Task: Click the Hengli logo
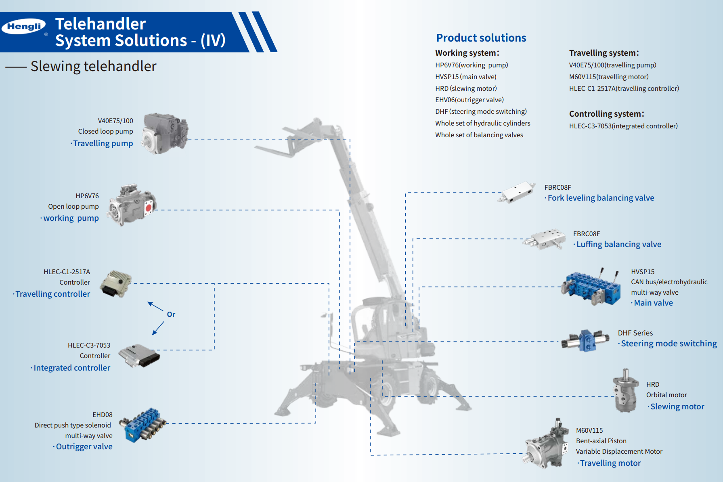point(24,27)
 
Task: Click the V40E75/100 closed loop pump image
point(165,133)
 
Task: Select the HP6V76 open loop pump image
point(132,205)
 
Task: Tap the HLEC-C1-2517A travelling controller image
point(116,283)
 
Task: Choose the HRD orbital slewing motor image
point(625,391)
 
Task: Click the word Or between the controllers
point(171,314)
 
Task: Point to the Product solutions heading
point(481,38)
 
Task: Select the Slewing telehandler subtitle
point(93,66)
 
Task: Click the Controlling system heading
point(606,114)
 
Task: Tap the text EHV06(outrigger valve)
point(469,100)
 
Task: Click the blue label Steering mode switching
point(669,344)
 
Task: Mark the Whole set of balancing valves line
point(479,135)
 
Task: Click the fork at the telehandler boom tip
point(279,146)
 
